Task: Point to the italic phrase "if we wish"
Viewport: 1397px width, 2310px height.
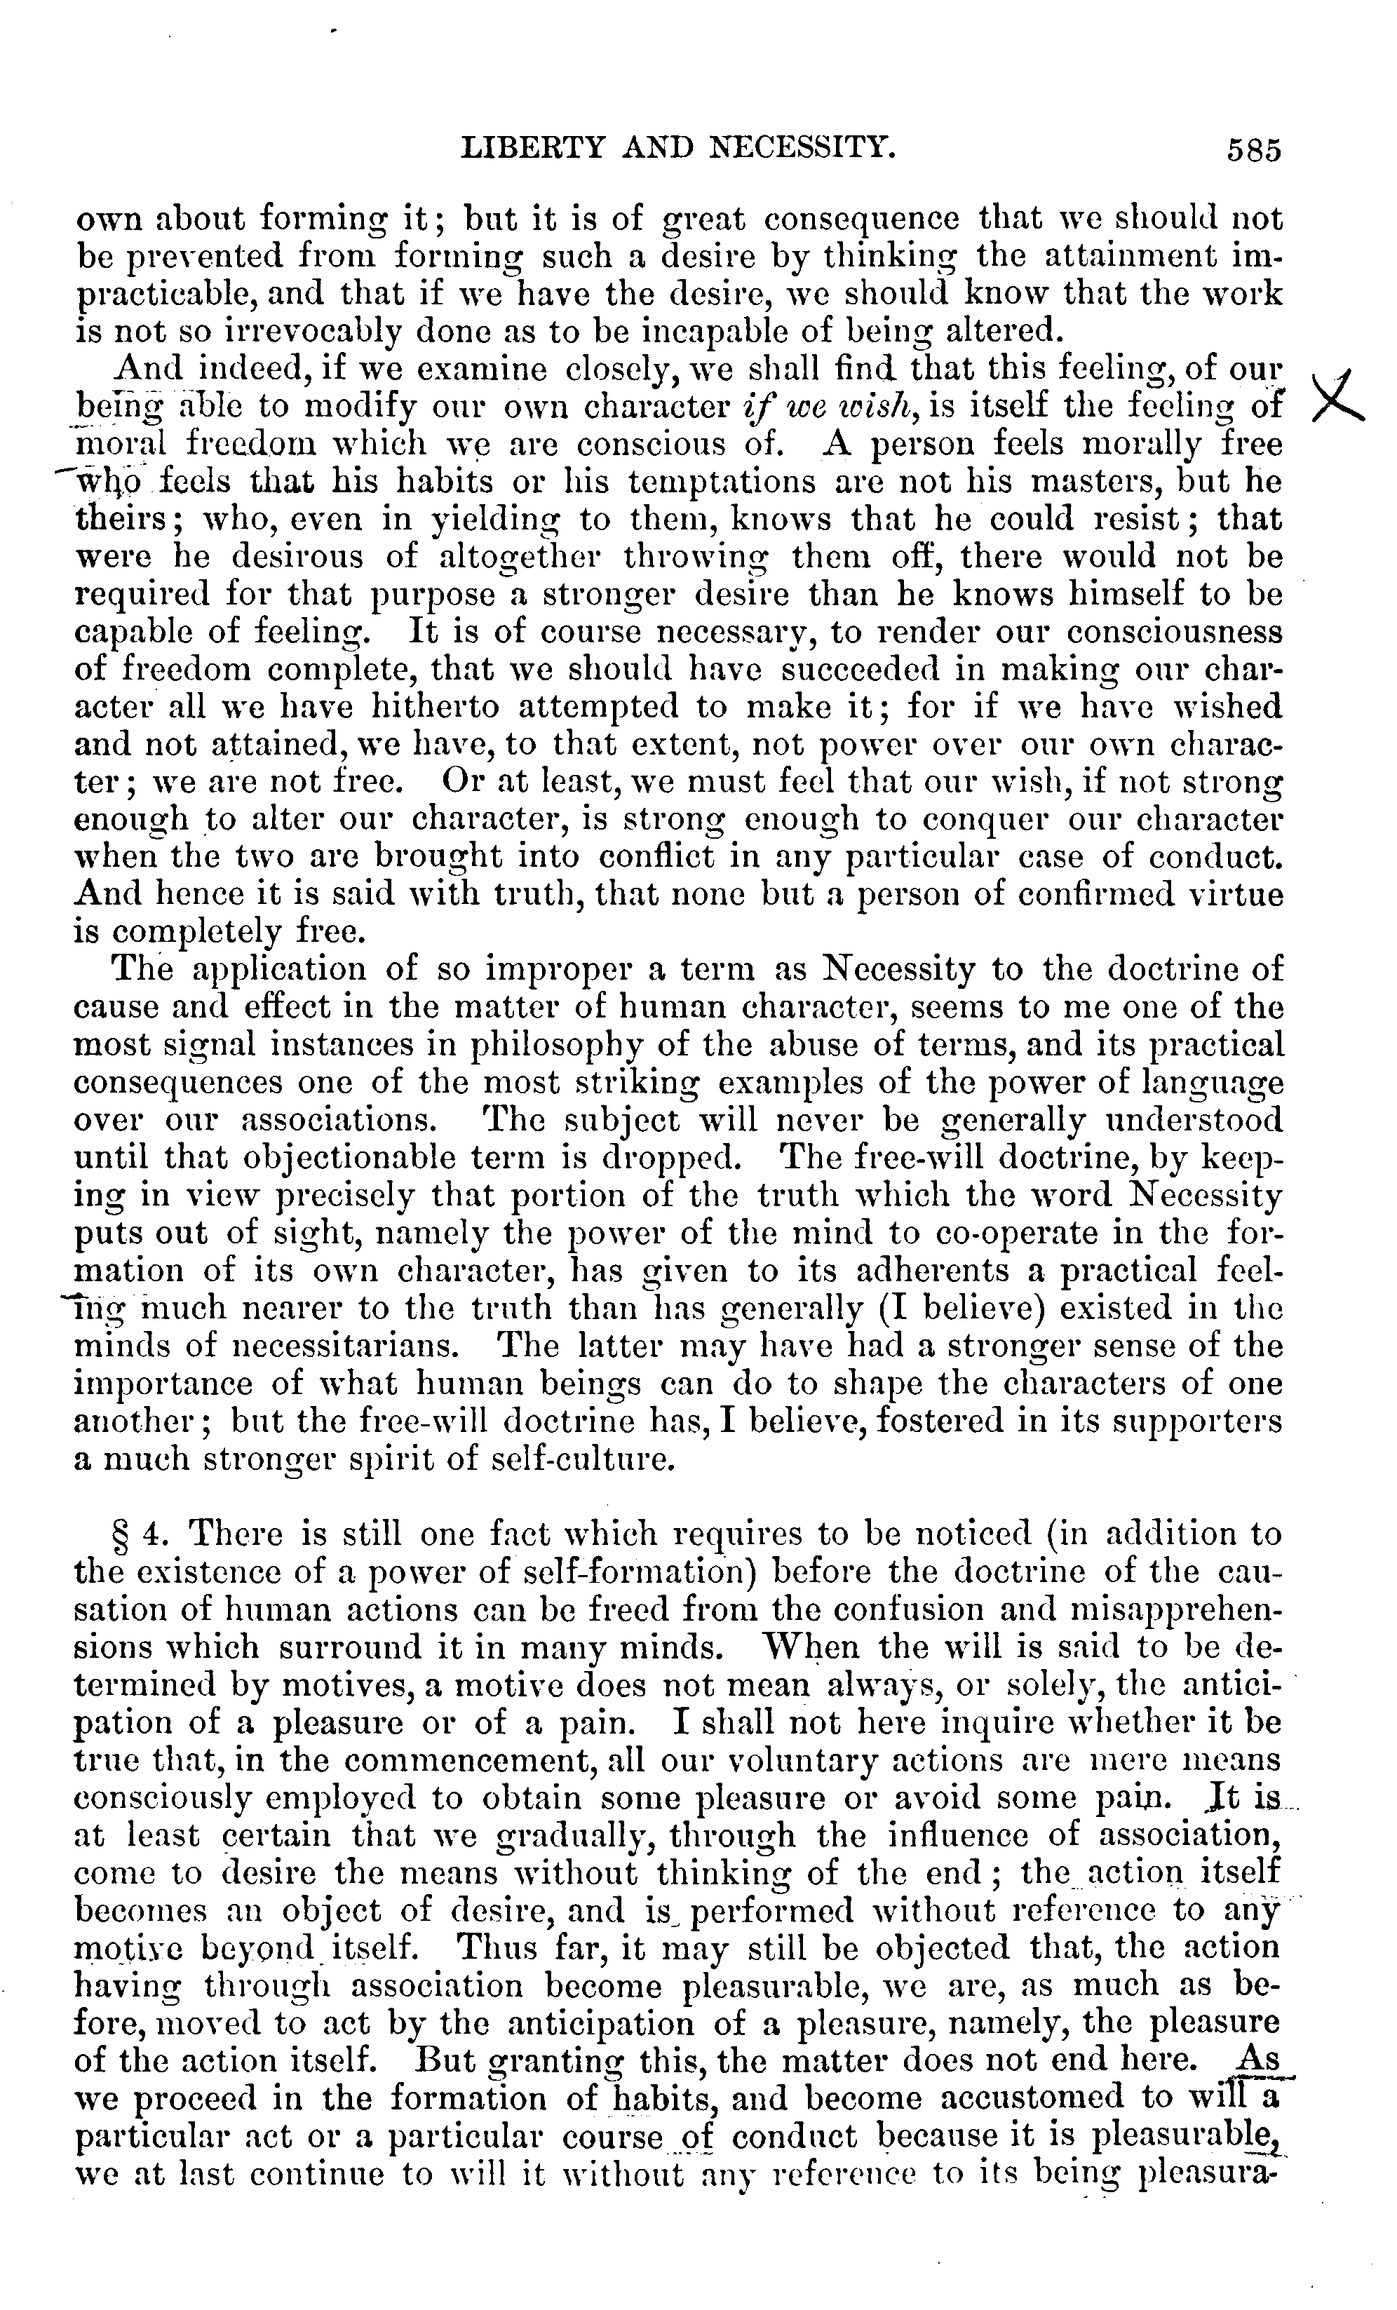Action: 821,407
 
